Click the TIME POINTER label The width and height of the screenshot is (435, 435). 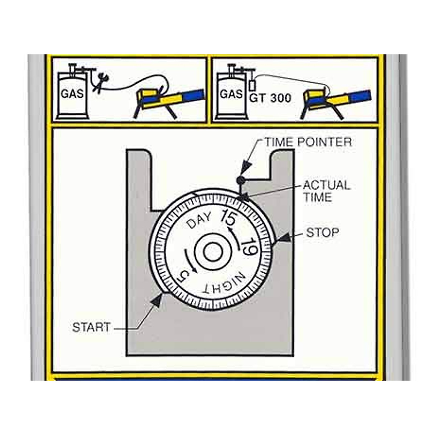pyautogui.click(x=308, y=142)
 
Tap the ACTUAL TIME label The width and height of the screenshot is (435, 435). pyautogui.click(x=326, y=191)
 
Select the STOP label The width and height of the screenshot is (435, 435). pyautogui.click(x=322, y=232)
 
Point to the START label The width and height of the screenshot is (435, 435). pyautogui.click(x=91, y=327)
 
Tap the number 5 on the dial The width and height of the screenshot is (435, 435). pyautogui.click(x=182, y=277)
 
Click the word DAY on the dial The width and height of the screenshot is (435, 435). pyautogui.click(x=199, y=221)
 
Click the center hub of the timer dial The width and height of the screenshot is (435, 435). pyautogui.click(x=213, y=252)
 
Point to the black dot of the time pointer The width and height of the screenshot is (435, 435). pyautogui.click(x=240, y=180)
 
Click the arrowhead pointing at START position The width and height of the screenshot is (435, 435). pyautogui.click(x=158, y=300)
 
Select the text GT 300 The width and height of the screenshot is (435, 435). pyautogui.click(x=270, y=98)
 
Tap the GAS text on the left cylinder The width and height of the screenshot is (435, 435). pyautogui.click(x=72, y=94)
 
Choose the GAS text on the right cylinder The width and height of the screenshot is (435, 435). pyautogui.click(x=231, y=94)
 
